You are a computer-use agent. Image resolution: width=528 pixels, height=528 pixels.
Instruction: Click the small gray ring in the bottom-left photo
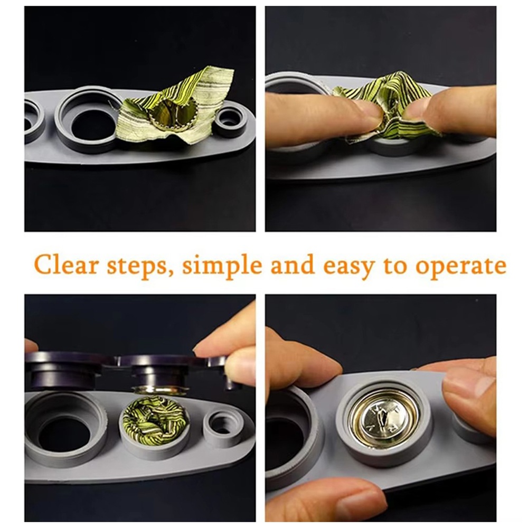click(222, 425)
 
